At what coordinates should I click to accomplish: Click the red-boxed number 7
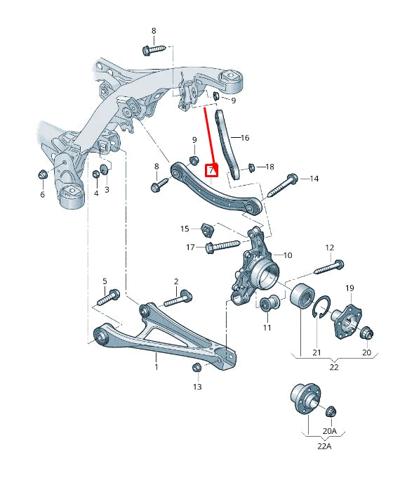click(x=211, y=169)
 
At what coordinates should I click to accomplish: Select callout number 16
click(x=244, y=138)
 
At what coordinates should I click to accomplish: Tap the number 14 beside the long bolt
click(x=314, y=179)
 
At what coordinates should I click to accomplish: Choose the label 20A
click(x=329, y=430)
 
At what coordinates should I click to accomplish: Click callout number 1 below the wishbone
click(x=156, y=366)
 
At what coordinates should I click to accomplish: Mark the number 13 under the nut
click(x=197, y=387)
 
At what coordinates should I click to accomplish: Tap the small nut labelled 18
click(x=251, y=167)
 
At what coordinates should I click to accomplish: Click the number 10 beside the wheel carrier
click(x=287, y=255)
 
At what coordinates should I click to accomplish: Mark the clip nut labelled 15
click(x=206, y=229)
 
